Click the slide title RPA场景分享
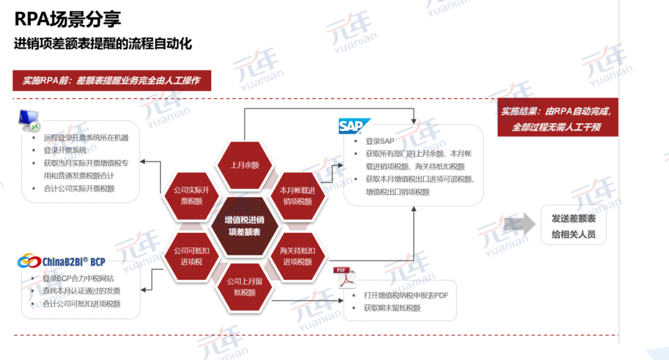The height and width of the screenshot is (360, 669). tap(69, 21)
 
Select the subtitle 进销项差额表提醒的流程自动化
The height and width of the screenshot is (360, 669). tap(103, 44)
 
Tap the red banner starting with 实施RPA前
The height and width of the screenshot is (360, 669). tap(111, 81)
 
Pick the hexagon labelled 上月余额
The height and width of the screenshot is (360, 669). tap(244, 165)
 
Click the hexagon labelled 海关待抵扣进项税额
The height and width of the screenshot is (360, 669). tap(297, 256)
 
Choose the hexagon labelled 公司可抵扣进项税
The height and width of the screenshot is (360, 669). tap(191, 256)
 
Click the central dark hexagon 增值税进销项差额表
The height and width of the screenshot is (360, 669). tap(243, 226)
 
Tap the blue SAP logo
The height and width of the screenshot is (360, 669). tap(354, 126)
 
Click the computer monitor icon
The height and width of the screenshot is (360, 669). tap(29, 120)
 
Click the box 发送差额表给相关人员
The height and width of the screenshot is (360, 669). tap(574, 226)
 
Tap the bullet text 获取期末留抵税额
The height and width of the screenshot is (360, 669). tap(392, 308)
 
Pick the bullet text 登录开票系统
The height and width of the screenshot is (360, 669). tap(65, 150)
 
